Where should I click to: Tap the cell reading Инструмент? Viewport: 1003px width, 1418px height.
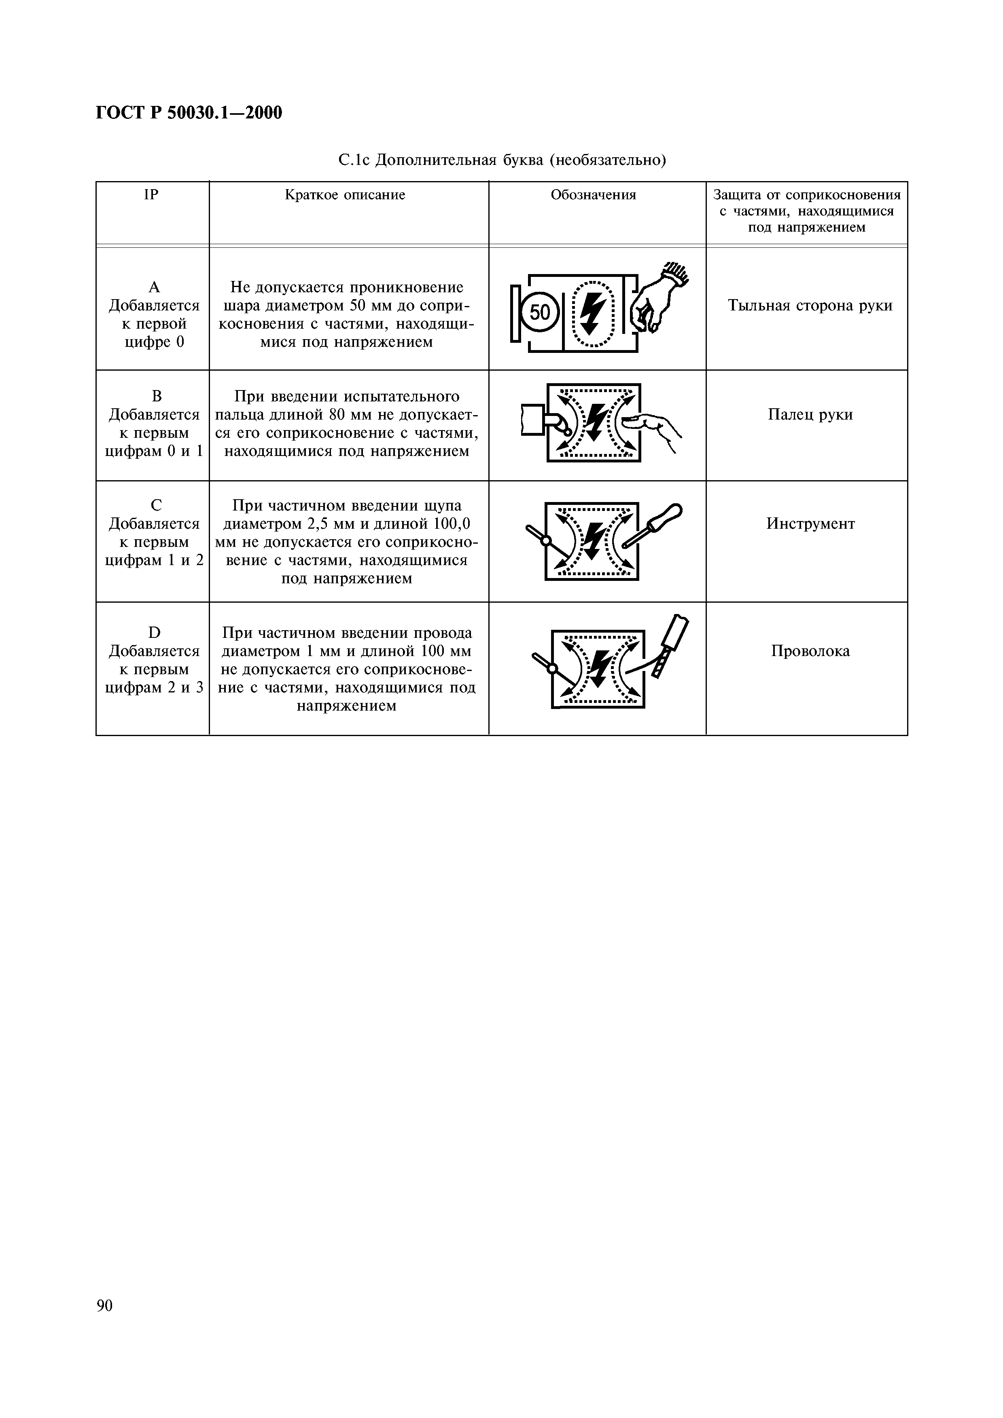pos(810,524)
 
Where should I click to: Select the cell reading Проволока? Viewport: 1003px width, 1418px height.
pos(810,651)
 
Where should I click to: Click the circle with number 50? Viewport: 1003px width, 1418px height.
pos(539,312)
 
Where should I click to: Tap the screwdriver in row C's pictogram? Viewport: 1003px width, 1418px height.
pos(654,525)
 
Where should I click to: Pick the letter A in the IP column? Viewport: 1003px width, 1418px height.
pos(155,287)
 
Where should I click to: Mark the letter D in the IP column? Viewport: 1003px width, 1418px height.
pos(155,633)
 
